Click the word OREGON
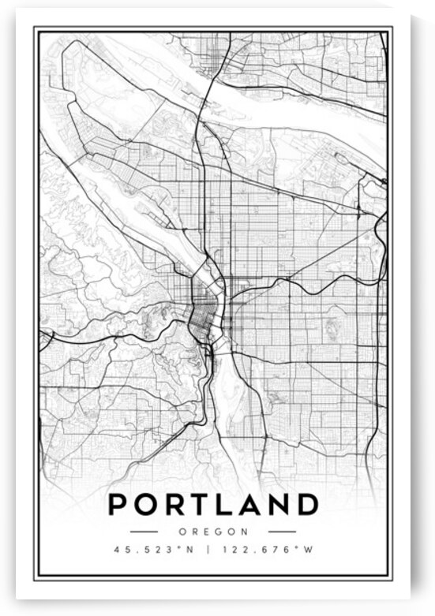pos(213,532)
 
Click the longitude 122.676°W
pos(269,550)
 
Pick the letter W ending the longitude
pos(310,550)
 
